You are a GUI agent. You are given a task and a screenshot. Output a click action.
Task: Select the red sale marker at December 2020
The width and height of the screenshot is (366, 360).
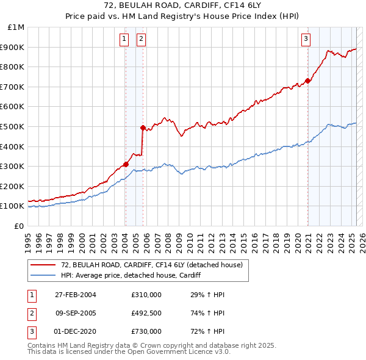(308, 80)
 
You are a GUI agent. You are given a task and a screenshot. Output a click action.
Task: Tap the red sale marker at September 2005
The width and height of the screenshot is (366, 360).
(143, 128)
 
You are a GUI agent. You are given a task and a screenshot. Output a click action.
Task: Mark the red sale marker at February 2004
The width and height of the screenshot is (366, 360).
(126, 164)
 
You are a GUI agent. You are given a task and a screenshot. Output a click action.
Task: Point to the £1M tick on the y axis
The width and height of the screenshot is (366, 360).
(16, 27)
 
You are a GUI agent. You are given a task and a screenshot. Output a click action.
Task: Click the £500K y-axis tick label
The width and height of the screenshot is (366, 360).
(13, 126)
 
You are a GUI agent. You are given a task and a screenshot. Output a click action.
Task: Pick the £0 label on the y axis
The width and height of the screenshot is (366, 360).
(19, 226)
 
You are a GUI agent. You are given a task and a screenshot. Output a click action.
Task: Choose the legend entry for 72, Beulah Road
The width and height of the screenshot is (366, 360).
(151, 265)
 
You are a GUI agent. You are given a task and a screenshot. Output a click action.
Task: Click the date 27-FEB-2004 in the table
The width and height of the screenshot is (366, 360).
(76, 295)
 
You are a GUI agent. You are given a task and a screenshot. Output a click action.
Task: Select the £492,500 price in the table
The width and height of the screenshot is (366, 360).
(146, 313)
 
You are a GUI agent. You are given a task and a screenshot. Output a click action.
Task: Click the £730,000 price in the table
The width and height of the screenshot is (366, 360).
(146, 331)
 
